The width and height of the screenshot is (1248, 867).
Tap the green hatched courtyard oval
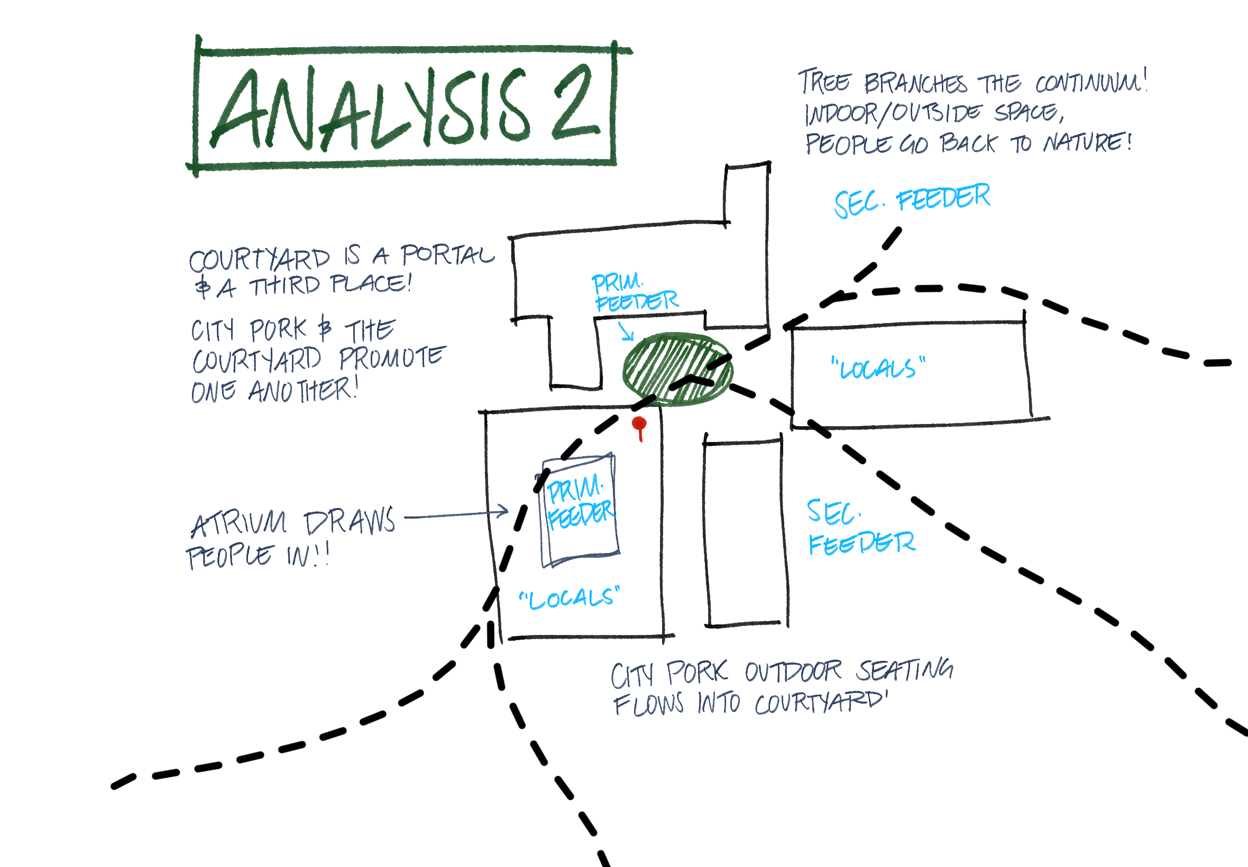pyautogui.click(x=677, y=369)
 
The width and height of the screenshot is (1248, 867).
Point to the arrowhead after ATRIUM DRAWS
pyautogui.click(x=502, y=511)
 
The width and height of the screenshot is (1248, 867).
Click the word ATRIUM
pyautogui.click(x=238, y=523)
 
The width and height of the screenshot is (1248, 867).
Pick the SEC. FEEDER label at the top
pyautogui.click(x=912, y=200)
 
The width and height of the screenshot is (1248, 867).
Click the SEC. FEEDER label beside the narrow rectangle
pyautogui.click(x=860, y=528)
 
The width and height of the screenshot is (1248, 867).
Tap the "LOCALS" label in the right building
pyautogui.click(x=878, y=368)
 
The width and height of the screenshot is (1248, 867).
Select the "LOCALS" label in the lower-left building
pyautogui.click(x=569, y=598)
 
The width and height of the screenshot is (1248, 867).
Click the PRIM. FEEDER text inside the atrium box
pyautogui.click(x=579, y=503)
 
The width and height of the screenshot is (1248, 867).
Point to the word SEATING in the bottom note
pyautogui.click(x=905, y=670)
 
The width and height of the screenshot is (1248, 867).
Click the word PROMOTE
pyautogui.click(x=392, y=357)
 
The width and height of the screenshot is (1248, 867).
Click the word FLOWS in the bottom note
pyautogui.click(x=648, y=705)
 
